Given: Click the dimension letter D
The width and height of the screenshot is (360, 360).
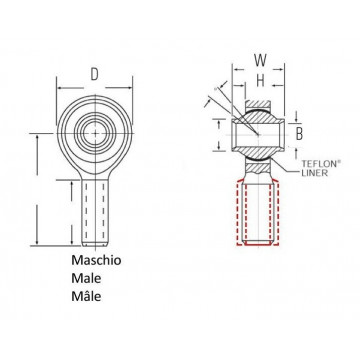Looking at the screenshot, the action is [95, 74].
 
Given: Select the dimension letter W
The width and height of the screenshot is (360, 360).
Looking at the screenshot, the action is [260, 60].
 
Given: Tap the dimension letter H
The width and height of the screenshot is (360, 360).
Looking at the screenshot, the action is [260, 80].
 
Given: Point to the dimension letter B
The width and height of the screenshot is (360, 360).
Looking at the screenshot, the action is [299, 134].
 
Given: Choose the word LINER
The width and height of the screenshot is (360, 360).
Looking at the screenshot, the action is [314, 173].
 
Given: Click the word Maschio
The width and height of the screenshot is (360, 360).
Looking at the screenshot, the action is [96, 260].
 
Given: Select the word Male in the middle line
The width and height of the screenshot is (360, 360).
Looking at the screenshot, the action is [86, 278].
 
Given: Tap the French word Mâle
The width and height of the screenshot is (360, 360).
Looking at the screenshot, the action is [86, 296].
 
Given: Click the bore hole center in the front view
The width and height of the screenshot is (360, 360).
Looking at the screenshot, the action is [95, 133].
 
